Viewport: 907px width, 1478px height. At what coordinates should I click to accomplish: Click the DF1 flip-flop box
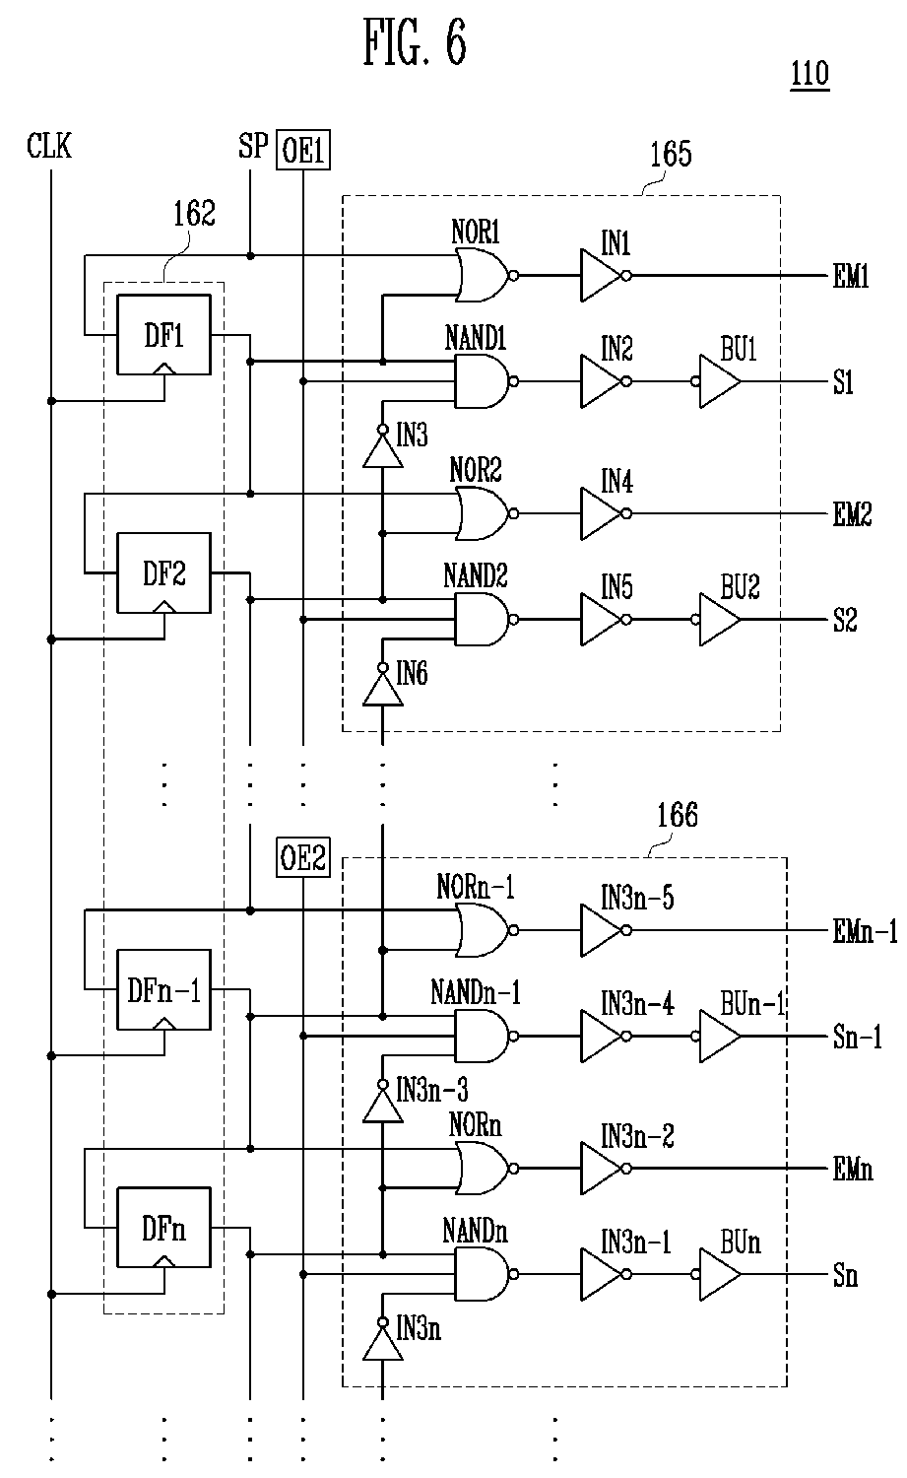163,335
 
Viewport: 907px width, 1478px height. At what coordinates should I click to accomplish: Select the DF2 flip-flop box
163,573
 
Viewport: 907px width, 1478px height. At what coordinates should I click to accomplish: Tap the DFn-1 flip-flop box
163,990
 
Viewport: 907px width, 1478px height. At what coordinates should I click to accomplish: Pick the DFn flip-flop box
163,1229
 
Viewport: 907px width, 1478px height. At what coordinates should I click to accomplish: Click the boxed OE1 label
302,153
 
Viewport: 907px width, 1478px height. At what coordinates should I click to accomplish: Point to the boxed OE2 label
302,859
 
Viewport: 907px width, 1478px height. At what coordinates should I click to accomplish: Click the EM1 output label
852,278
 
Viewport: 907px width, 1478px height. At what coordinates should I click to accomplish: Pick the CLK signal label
49,148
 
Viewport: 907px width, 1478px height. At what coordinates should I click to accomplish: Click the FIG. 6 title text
415,44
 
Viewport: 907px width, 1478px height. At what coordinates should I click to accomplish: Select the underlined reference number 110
810,76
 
